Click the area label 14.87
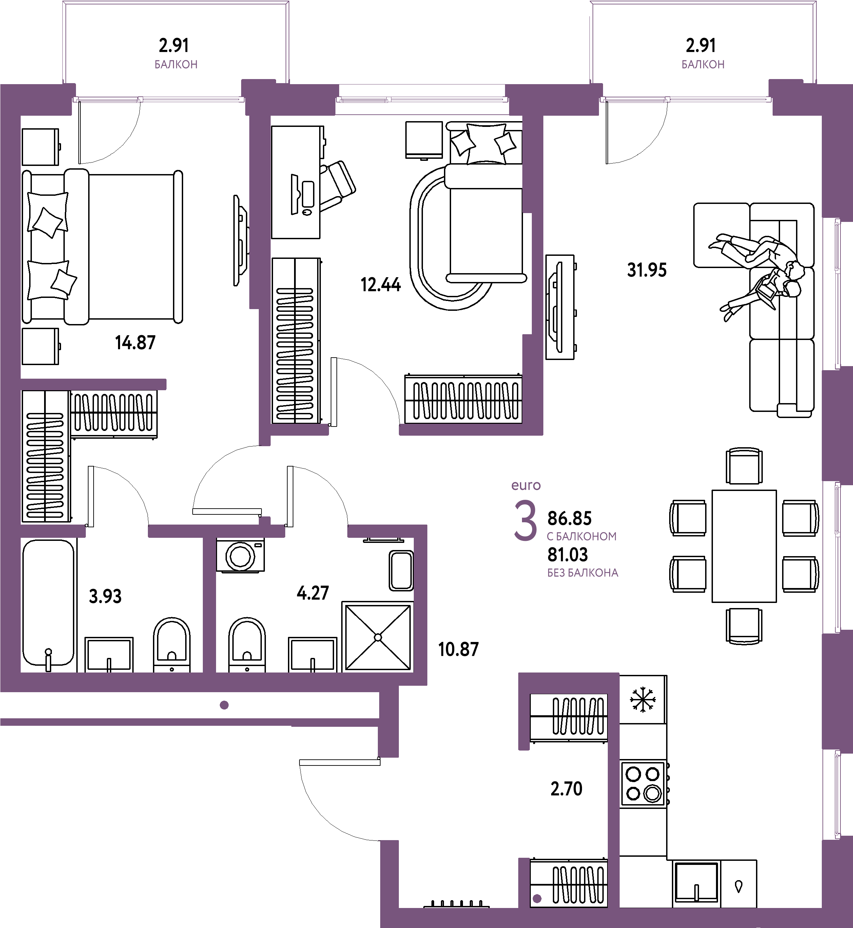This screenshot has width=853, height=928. [x=135, y=343]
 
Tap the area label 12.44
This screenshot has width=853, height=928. [x=381, y=284]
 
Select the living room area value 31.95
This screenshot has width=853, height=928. [x=647, y=270]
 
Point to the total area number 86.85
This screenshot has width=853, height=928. [x=569, y=518]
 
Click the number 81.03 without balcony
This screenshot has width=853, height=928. [x=568, y=554]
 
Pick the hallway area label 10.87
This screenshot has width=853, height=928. [x=458, y=649]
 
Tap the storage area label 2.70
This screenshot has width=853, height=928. [x=566, y=789]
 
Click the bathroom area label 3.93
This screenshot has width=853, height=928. [x=105, y=596]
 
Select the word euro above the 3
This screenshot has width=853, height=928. [x=526, y=485]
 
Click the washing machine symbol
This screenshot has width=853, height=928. [x=240, y=555]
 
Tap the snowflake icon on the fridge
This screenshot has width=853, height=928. [x=642, y=699]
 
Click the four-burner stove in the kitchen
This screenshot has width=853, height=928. [x=643, y=784]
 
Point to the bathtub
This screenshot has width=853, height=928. [x=49, y=603]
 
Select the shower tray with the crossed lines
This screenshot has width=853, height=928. [x=377, y=637]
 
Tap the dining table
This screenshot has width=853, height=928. [x=744, y=546]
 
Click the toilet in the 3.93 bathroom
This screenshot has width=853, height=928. [x=172, y=645]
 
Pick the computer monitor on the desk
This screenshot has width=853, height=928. [x=294, y=194]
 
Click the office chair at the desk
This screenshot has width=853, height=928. [x=337, y=186]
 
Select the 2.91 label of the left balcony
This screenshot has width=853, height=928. [x=174, y=45]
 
